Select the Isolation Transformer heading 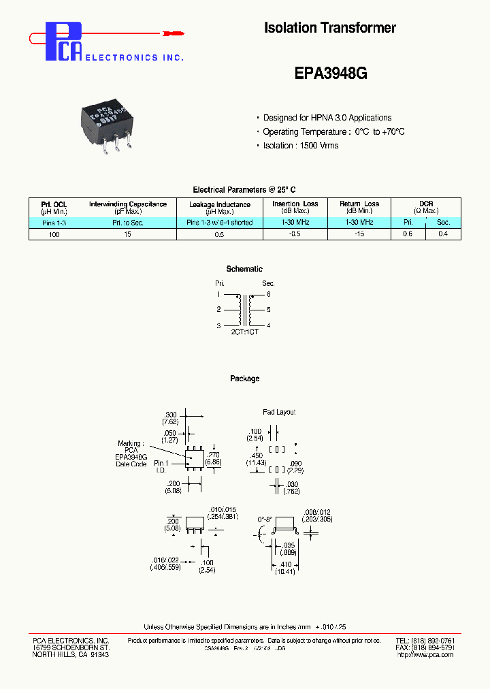tap(329, 28)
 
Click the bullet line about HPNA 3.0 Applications tap(327, 118)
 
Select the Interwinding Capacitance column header tap(127, 204)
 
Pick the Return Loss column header tap(359, 204)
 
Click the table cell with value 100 tap(54, 234)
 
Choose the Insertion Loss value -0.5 tap(295, 234)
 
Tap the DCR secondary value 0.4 tap(443, 234)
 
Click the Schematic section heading tap(244, 269)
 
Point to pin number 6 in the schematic tap(268, 294)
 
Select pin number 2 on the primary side tap(218, 310)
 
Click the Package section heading tap(244, 379)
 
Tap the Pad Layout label tap(279, 412)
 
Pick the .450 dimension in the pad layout tap(257, 456)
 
